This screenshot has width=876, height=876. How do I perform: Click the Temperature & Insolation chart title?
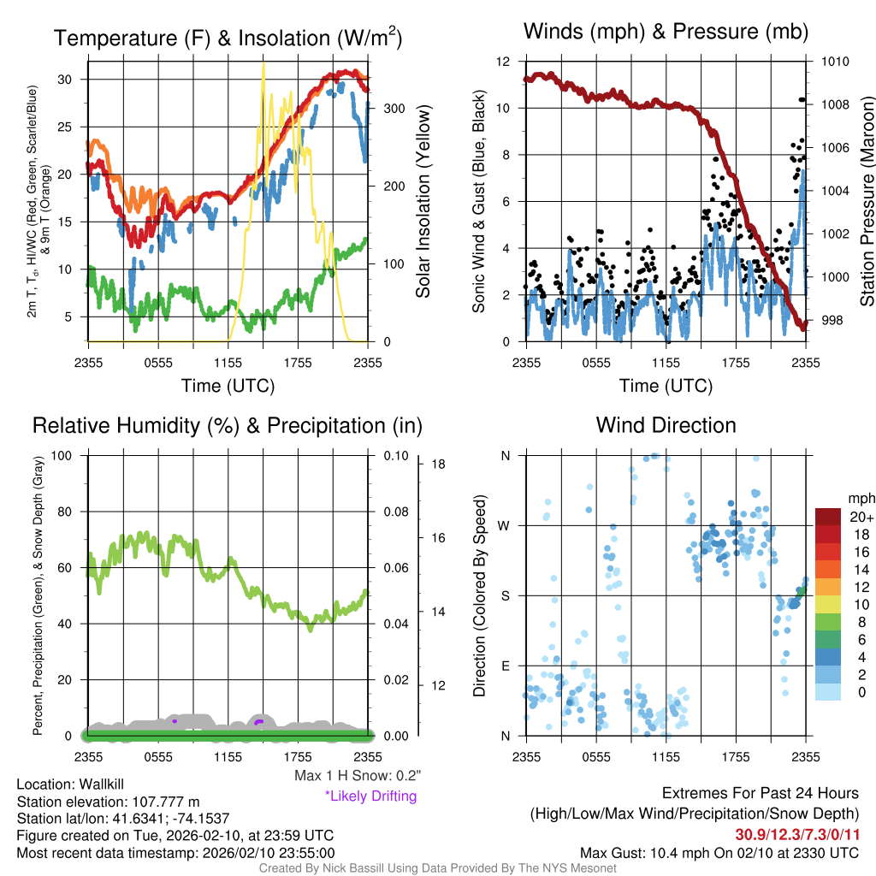tap(228, 38)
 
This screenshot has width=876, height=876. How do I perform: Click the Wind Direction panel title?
tap(666, 425)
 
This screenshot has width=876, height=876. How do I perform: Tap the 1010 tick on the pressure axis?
tap(834, 62)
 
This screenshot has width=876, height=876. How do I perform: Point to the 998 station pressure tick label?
tap(831, 320)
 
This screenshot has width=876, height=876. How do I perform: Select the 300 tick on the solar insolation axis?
tap(394, 109)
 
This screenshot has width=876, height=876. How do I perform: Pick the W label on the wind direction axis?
tap(505, 525)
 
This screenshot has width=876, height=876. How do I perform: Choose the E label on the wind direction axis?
tap(505, 666)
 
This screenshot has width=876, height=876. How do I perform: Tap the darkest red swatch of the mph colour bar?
tap(828, 517)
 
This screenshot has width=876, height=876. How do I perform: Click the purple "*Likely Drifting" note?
tap(370, 796)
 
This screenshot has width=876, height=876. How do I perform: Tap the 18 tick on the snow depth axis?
tap(439, 465)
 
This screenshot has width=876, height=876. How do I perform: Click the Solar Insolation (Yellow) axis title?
tap(423, 201)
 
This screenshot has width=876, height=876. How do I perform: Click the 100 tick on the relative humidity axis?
tap(70, 455)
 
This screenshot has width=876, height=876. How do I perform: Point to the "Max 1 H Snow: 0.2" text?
tap(357, 776)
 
